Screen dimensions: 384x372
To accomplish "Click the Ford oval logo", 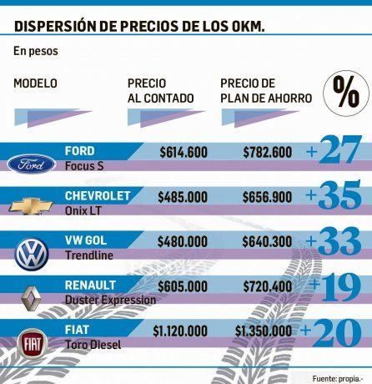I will tap(32, 164).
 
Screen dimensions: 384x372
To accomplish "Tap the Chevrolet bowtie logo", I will tap(32, 206).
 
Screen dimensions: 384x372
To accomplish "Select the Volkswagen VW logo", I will tap(32, 253).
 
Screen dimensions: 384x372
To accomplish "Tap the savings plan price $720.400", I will tap(268, 286).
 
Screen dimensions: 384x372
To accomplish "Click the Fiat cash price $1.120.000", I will tap(180, 331).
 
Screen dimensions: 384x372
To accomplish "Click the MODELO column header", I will tap(36, 83).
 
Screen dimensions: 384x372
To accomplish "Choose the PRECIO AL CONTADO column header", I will tap(160, 91).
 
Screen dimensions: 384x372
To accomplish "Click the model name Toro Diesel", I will tap(94, 344).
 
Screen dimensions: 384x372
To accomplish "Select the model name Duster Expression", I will tap(110, 299).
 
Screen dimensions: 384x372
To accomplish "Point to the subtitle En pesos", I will tap(33, 51).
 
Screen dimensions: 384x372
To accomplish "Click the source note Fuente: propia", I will tap(339, 377).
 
